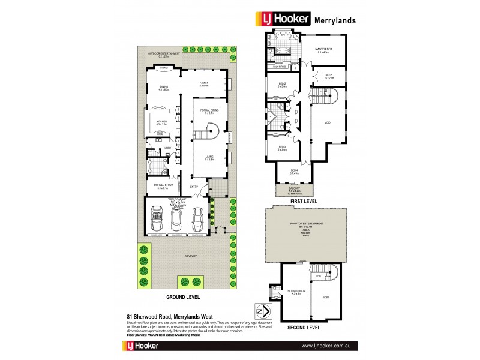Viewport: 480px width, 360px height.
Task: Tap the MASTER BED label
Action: pyautogui.click(x=325, y=50)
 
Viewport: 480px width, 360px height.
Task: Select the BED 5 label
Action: pyautogui.click(x=329, y=76)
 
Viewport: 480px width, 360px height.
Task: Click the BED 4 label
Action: pyautogui.click(x=294, y=171)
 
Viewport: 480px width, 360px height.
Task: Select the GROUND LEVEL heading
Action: pyautogui.click(x=183, y=296)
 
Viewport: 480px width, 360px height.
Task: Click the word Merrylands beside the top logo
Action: pyautogui.click(x=335, y=20)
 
